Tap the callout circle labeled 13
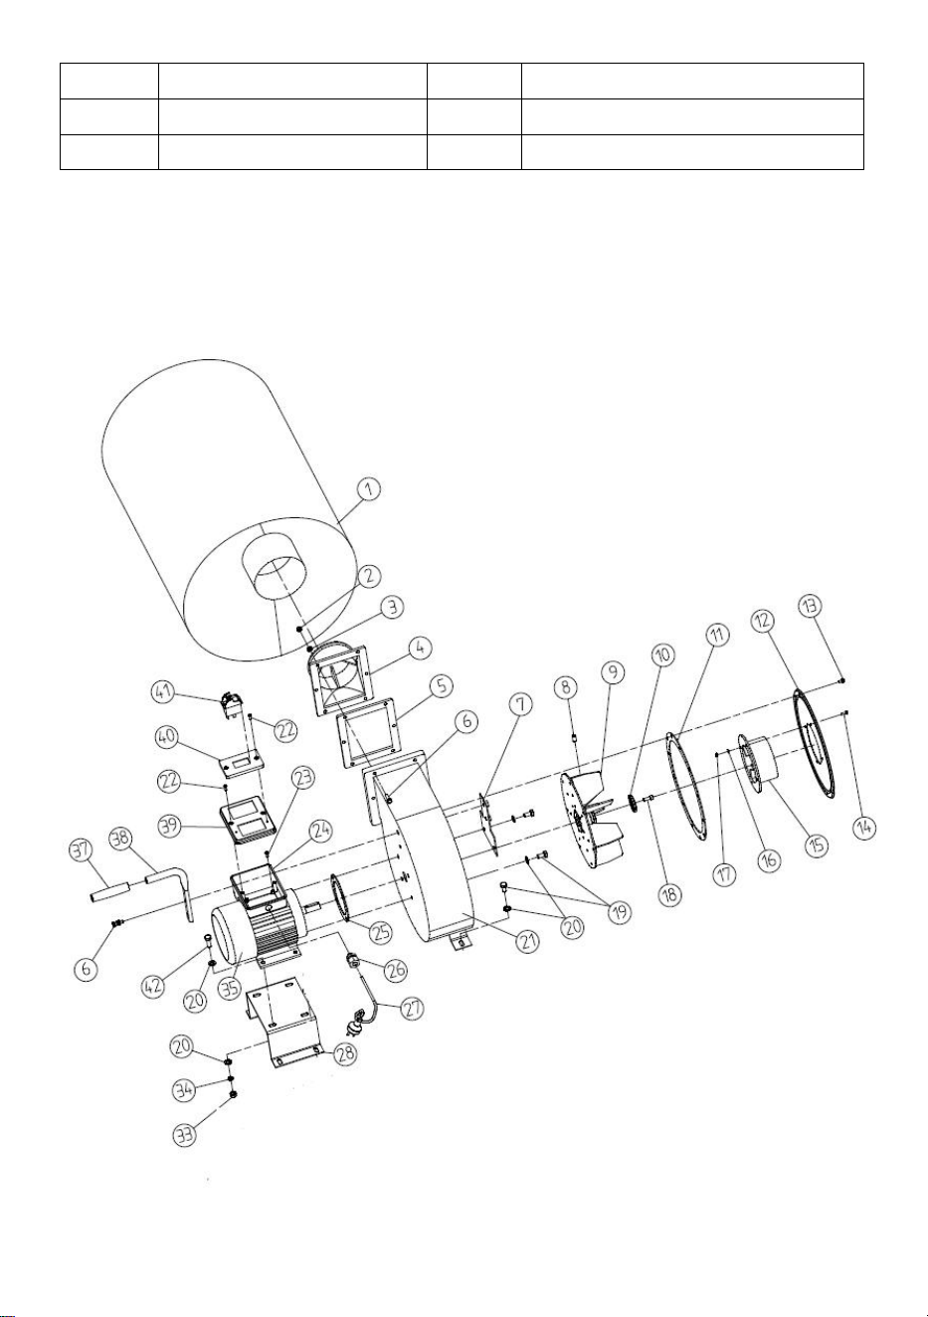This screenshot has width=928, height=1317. (x=811, y=607)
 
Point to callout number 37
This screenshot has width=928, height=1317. (x=81, y=849)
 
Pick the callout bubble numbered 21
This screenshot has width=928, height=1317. (x=527, y=941)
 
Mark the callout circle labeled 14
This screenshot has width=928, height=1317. (x=865, y=828)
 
